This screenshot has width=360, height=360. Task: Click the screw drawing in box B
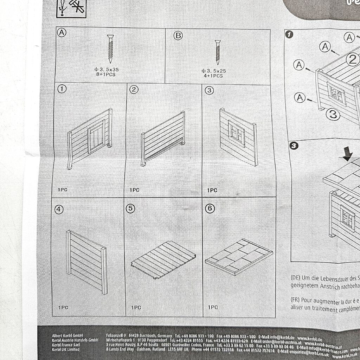coord(218,52)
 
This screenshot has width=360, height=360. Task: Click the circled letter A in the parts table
coord(62,33)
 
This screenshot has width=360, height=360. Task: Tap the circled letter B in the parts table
coord(178,35)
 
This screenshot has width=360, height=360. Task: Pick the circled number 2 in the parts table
coord(134,89)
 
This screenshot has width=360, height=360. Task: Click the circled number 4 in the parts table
coord(59,210)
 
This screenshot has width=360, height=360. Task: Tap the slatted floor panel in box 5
coord(163,259)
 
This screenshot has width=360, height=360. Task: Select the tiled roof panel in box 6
coord(238,256)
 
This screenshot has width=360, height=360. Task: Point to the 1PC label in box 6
coord(213,307)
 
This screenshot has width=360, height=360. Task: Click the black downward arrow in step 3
coord(348,154)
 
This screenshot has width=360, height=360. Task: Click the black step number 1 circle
coord(289,35)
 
